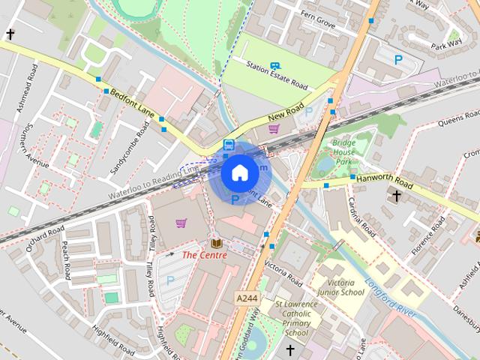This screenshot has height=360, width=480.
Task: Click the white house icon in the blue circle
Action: tap(239, 173)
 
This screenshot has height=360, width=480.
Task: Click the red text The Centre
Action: tap(204, 255)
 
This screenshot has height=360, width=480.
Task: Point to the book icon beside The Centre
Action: tap(217, 244)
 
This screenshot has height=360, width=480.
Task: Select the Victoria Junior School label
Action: tap(341, 287)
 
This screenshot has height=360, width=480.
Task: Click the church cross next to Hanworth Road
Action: tap(397, 196)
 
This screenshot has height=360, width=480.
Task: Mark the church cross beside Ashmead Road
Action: tap(10, 34)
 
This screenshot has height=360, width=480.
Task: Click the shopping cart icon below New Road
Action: tap(274, 129)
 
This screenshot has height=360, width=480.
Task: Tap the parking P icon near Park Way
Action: tap(398, 58)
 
